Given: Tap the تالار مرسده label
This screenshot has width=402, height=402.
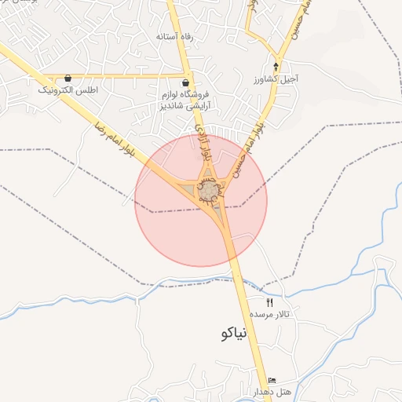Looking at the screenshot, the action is [271, 314].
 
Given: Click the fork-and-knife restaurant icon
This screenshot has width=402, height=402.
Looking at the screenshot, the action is [270, 302].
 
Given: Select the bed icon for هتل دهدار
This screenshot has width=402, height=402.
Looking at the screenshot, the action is [272, 380].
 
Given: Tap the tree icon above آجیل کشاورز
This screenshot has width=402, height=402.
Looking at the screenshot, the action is [276, 67].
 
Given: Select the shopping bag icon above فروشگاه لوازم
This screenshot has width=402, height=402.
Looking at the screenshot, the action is [185, 82].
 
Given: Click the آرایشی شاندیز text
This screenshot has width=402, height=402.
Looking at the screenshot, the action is [185, 104].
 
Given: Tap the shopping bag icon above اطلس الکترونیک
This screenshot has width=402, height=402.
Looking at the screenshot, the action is [68, 78].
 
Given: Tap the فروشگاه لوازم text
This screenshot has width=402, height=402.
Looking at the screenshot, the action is [185, 93].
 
